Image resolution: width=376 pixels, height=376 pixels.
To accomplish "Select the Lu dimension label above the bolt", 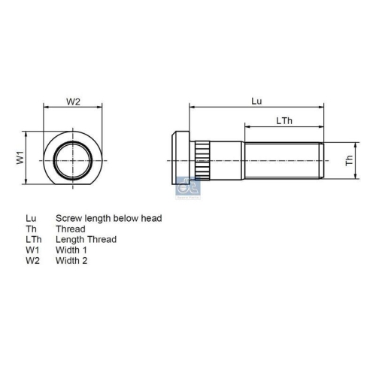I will click(x=256, y=101).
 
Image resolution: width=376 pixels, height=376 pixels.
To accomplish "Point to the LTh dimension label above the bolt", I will click(x=284, y=120).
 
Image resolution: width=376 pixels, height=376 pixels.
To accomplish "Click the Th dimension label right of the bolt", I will click(x=349, y=160).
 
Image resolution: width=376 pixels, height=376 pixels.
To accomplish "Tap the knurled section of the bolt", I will click(x=202, y=159).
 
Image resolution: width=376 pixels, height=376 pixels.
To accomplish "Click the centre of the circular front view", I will click(x=73, y=159).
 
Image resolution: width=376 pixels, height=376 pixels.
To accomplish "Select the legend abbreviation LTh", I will click(x=33, y=239).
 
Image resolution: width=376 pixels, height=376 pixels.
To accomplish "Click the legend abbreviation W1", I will click(x=32, y=250).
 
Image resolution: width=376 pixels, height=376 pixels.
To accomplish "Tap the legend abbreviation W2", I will click(x=32, y=260).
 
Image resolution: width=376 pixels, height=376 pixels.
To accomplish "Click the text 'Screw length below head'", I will click(x=108, y=218).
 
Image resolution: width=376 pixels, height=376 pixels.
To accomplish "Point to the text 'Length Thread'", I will click(x=86, y=239).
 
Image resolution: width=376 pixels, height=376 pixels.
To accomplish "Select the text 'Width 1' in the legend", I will click(x=71, y=250).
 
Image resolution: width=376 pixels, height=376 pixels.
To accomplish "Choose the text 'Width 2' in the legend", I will click(x=71, y=260).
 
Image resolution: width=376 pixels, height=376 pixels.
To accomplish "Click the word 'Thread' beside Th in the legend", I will click(x=70, y=229).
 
